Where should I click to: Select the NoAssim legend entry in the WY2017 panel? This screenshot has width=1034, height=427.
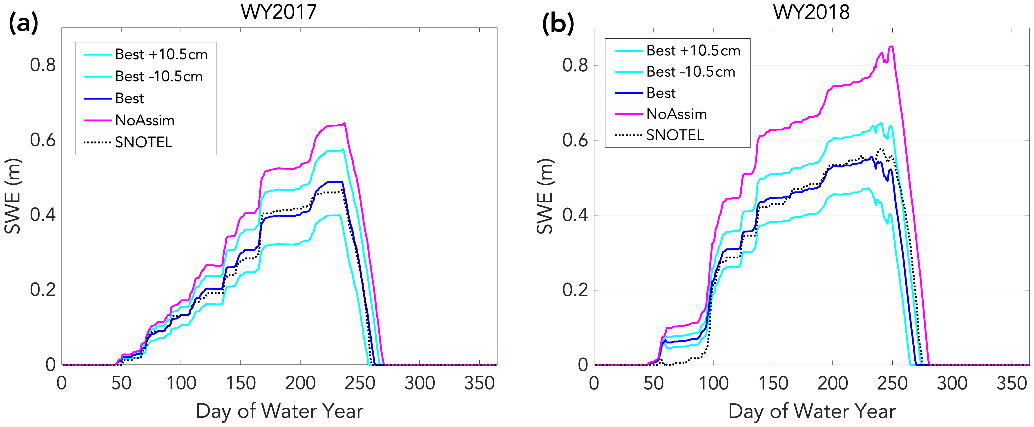pos(145,120)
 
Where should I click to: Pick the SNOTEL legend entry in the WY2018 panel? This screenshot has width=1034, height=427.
pos(675,135)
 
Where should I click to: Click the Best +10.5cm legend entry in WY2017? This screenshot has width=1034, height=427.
pos(161,55)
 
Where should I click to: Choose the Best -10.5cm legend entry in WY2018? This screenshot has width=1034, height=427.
pos(690,72)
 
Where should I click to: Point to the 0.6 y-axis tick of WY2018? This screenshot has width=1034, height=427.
pos(575,140)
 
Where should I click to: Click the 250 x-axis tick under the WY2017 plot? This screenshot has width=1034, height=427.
pos(360,383)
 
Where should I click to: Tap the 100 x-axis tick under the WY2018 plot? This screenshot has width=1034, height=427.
pos(713,383)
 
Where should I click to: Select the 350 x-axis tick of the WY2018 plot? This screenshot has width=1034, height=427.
pos(1012,383)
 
